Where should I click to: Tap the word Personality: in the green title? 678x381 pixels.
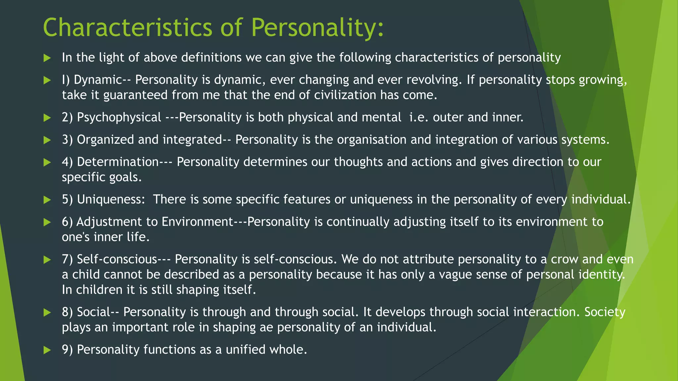[x=317, y=28]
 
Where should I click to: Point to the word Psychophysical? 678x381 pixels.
[x=119, y=117]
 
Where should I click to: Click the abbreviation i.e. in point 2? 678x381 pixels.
[x=419, y=117]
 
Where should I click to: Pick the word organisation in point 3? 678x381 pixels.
[x=371, y=140]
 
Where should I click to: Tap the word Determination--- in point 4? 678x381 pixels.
[x=124, y=162]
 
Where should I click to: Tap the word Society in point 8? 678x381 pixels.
[x=605, y=312]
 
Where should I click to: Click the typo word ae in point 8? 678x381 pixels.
[x=266, y=327]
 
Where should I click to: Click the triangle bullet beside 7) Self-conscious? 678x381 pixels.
[x=47, y=260]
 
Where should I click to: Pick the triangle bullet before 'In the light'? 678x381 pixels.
[x=47, y=58]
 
